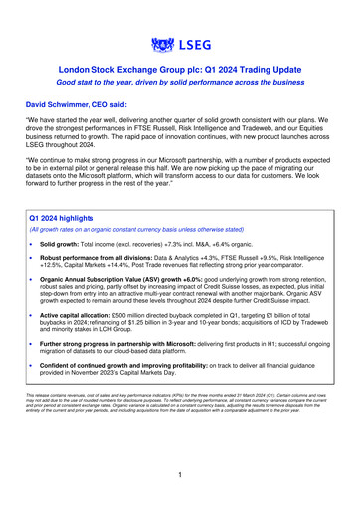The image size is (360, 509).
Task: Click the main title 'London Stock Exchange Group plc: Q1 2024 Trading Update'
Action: click(179, 72)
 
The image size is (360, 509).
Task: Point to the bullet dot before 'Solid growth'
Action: click(31, 243)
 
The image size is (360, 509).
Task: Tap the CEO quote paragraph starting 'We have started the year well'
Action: click(179, 137)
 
